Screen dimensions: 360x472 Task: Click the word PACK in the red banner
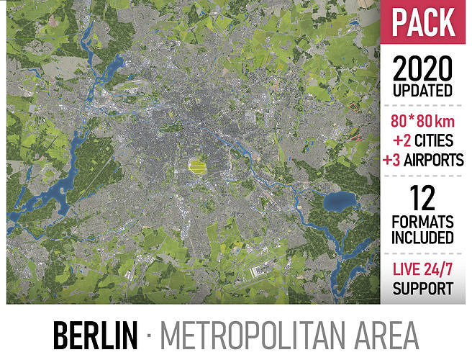(425, 23)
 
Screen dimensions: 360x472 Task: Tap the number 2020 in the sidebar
(423, 69)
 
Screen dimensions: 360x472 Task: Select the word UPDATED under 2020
(423, 91)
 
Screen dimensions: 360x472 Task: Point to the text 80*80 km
(423, 121)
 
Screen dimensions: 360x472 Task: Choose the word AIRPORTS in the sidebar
(435, 160)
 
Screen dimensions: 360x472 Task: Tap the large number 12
(423, 197)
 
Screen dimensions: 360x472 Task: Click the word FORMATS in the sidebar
(423, 220)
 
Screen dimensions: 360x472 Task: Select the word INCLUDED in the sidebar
(423, 237)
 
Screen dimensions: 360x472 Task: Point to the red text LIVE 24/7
(423, 269)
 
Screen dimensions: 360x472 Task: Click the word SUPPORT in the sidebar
(423, 289)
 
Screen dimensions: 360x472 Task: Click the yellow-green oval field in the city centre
(196, 166)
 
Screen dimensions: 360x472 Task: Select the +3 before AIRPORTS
(392, 160)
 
